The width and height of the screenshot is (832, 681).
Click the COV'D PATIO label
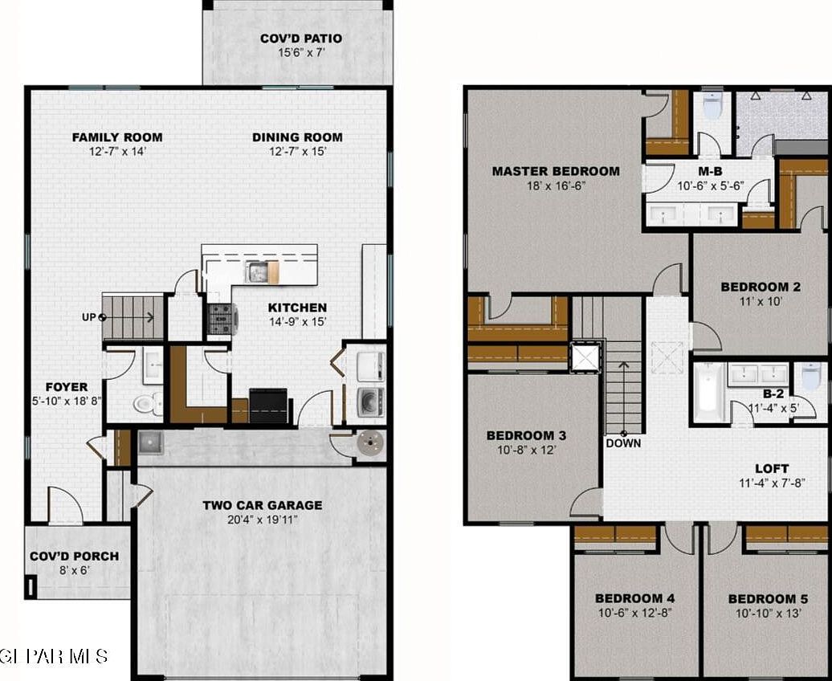point(301,39)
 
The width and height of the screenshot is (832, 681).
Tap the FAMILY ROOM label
point(117,137)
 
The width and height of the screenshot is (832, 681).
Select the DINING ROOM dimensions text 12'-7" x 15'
point(297,151)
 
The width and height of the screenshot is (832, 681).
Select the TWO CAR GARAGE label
point(262,505)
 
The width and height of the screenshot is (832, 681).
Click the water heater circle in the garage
point(369,441)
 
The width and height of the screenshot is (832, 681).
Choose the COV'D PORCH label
point(74,556)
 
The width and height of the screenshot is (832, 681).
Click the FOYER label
point(67,387)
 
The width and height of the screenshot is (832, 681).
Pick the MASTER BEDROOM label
point(556,171)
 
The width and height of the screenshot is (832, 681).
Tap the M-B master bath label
point(711,171)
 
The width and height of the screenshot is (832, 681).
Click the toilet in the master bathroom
point(712,105)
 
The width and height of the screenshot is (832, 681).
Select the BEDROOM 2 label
point(760,287)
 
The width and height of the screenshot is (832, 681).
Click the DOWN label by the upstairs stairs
point(623,442)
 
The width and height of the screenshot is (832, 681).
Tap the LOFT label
point(771,468)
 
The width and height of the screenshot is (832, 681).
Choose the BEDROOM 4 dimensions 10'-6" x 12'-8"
point(634,613)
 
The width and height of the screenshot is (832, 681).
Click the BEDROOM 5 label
point(768,599)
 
